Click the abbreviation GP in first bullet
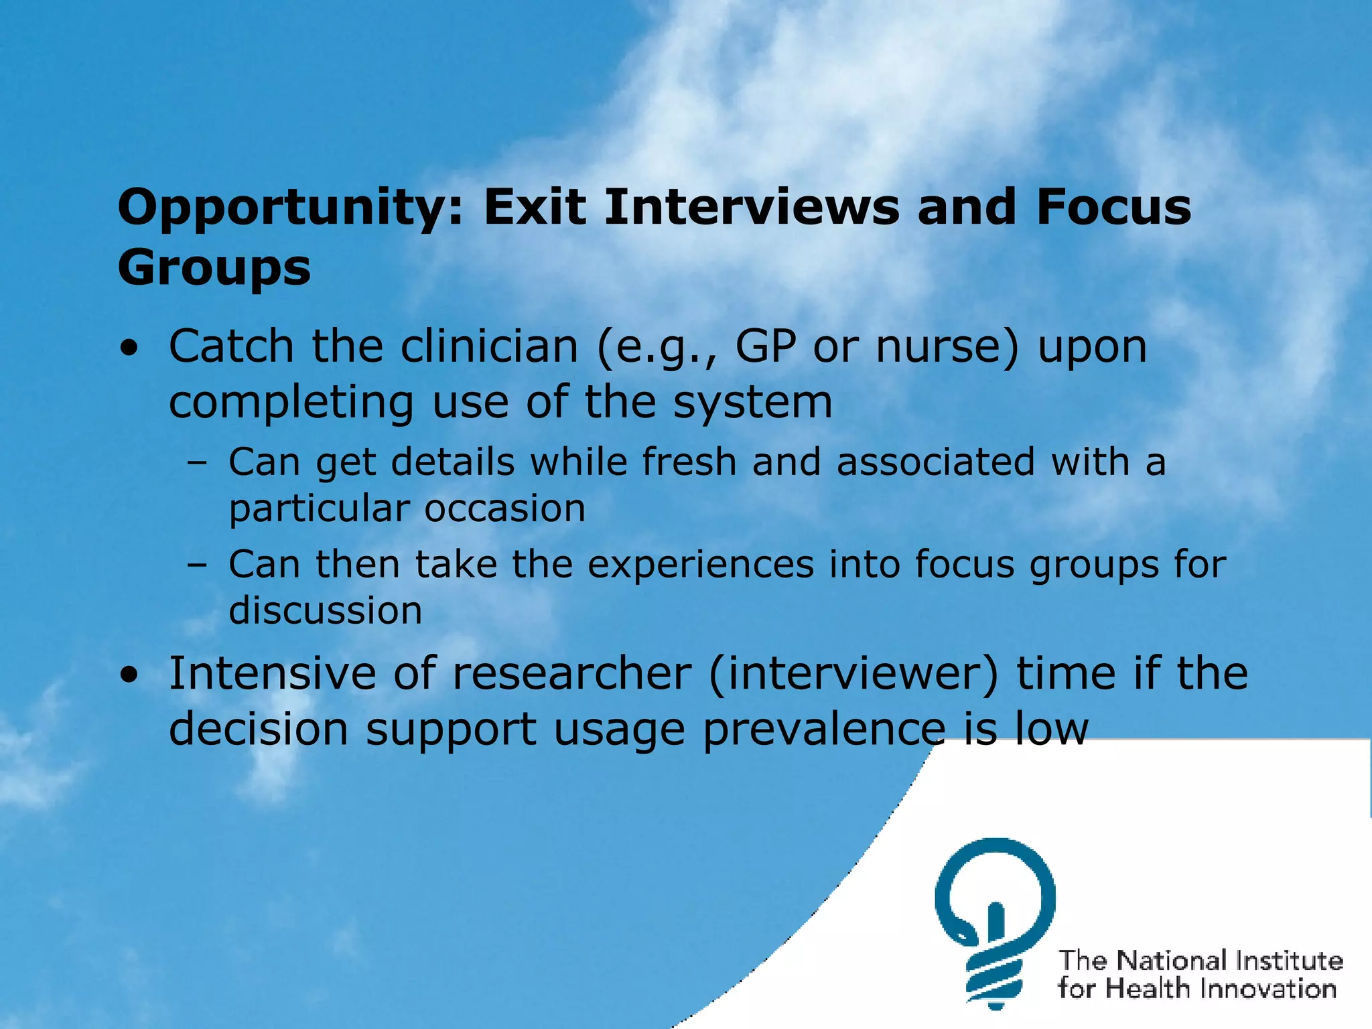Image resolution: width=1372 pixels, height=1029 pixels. (x=765, y=347)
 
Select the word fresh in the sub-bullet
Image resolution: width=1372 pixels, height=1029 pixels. (x=689, y=462)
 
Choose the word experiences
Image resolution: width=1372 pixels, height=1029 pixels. (x=700, y=564)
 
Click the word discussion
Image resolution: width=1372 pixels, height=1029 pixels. (x=326, y=611)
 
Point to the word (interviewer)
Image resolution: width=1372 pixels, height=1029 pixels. (x=853, y=673)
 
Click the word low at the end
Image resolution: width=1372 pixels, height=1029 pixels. (x=1052, y=729)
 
